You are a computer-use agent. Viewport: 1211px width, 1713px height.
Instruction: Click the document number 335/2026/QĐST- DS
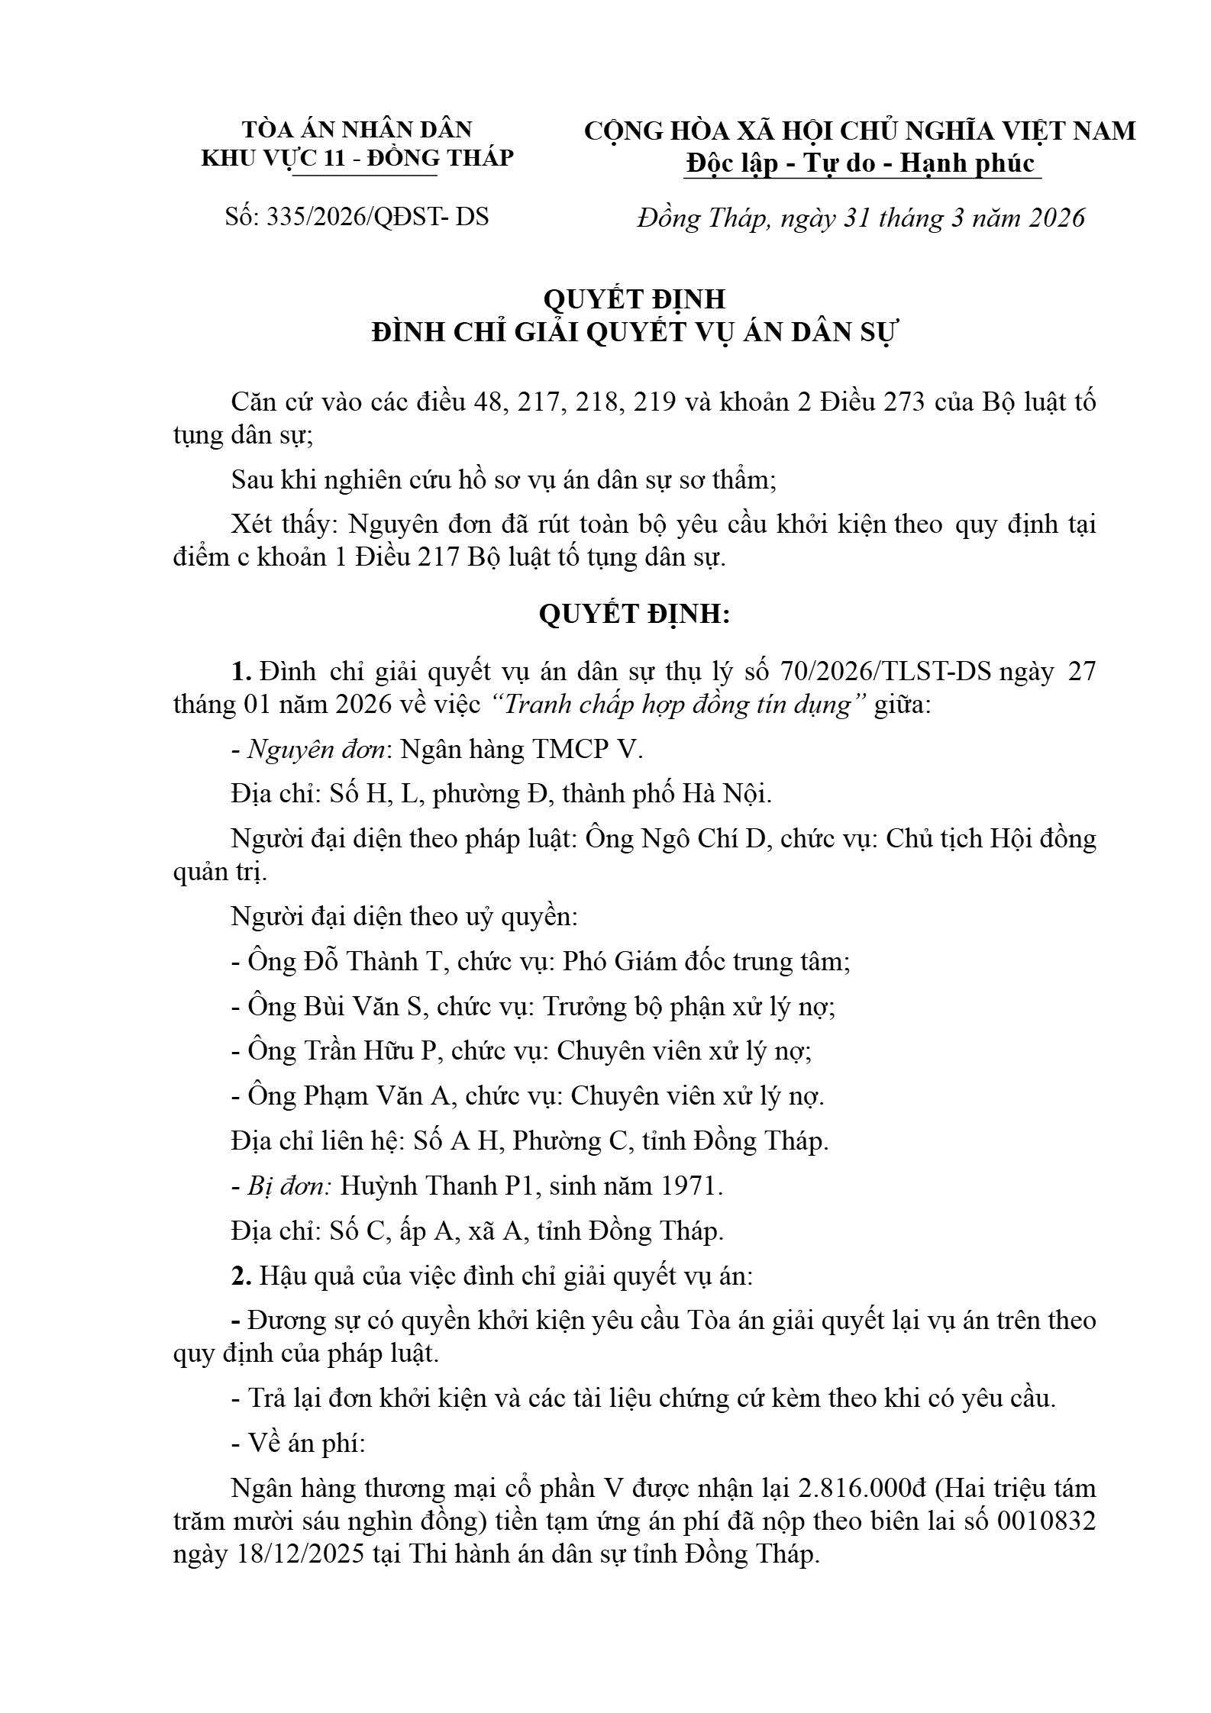[x=376, y=217]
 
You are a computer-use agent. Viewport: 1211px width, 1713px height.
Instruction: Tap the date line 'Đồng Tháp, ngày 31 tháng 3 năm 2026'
[x=861, y=218]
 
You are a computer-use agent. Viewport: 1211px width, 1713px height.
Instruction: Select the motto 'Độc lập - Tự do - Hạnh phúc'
[x=861, y=163]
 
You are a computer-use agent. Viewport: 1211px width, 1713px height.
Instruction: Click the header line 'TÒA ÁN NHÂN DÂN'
[x=357, y=129]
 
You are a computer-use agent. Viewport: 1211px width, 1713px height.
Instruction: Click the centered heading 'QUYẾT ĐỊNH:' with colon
[x=635, y=615]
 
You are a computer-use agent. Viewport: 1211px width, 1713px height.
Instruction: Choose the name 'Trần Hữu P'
[x=381, y=1051]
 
